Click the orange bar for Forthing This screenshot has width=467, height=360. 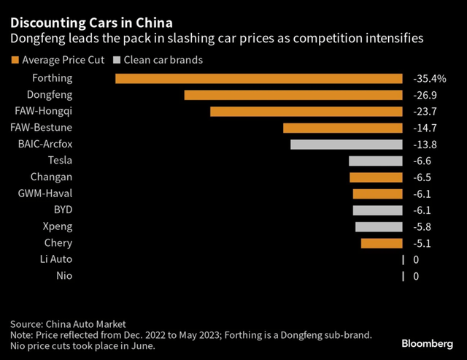pyautogui.click(x=259, y=78)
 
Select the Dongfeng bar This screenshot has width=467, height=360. pyautogui.click(x=293, y=95)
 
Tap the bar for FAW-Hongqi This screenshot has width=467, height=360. pyautogui.click(x=306, y=112)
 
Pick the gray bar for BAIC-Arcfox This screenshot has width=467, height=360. pyautogui.click(x=347, y=144)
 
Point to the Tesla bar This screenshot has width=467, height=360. pyautogui.click(x=376, y=161)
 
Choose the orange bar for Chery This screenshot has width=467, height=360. pyautogui.click(x=382, y=243)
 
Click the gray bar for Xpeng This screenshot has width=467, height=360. pyautogui.click(x=379, y=226)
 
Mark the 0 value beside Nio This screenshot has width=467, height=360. pyautogui.click(x=416, y=276)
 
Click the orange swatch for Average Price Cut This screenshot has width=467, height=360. pyautogui.click(x=15, y=59)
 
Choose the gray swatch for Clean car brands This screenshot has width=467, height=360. pyautogui.click(x=117, y=59)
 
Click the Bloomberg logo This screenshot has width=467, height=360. pyautogui.click(x=428, y=342)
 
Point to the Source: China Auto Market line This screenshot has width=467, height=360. pyautogui.click(x=68, y=323)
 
